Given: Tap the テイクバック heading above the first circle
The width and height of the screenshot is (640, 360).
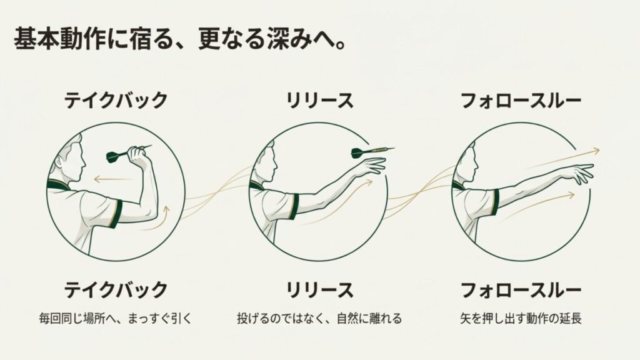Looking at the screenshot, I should coord(116,100).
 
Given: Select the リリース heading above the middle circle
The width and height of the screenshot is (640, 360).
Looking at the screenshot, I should coord(319,100).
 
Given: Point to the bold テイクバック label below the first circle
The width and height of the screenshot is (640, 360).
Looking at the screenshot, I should coord(116,290).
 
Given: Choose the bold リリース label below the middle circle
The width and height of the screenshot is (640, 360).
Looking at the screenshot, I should coord(319,290).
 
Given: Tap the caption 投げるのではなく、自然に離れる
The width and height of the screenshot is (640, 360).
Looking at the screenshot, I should coord(319,319).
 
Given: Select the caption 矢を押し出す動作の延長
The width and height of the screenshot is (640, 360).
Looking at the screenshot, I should coord(520,319).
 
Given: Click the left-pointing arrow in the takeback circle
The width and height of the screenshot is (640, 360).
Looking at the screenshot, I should coord(110,179).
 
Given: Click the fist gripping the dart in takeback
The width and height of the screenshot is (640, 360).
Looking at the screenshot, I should coord(139,156).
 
